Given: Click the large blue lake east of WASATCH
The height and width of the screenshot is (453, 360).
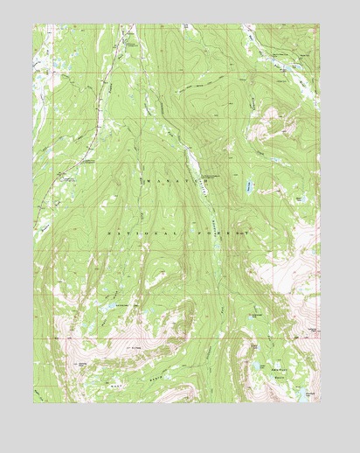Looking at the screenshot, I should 251,185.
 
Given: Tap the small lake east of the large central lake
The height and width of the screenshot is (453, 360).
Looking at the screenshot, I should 298,199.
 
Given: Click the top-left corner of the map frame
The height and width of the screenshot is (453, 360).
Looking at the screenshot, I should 34,24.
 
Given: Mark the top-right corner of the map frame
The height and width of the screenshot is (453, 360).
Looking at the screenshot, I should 320,24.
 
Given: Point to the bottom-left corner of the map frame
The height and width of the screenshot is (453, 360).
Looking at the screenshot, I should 34,403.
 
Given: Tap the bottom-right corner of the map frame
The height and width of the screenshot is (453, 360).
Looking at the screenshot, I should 320,403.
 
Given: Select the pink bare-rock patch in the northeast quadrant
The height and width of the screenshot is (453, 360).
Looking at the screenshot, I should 267,127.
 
